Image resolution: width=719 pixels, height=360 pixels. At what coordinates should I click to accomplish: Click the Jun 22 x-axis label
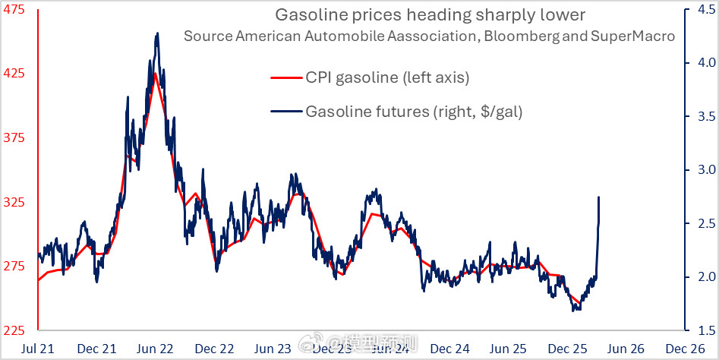[156, 349]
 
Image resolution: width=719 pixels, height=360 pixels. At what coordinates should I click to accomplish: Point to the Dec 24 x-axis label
[451, 349]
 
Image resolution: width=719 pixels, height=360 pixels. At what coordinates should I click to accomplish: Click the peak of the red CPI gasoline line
[155, 73]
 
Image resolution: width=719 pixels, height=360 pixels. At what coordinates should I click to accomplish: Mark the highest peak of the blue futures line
[157, 33]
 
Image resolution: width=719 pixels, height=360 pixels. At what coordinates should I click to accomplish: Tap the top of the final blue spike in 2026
[599, 197]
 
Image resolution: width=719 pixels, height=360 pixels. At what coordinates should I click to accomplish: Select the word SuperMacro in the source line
[638, 36]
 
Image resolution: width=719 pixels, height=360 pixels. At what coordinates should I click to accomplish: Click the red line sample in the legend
[286, 77]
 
